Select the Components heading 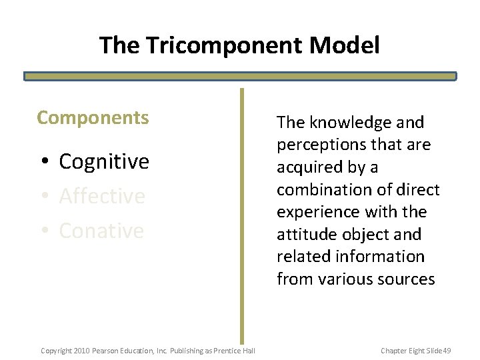pyautogui.click(x=93, y=118)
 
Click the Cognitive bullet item pyautogui.click(x=104, y=161)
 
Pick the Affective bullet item pyautogui.click(x=102, y=196)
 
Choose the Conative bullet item pyautogui.click(x=101, y=231)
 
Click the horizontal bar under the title pyautogui.click(x=240, y=77)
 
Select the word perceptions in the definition pyautogui.click(x=319, y=145)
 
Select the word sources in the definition pyautogui.click(x=406, y=279)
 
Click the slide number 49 pyautogui.click(x=447, y=350)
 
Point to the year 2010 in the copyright pyautogui.click(x=82, y=350)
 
